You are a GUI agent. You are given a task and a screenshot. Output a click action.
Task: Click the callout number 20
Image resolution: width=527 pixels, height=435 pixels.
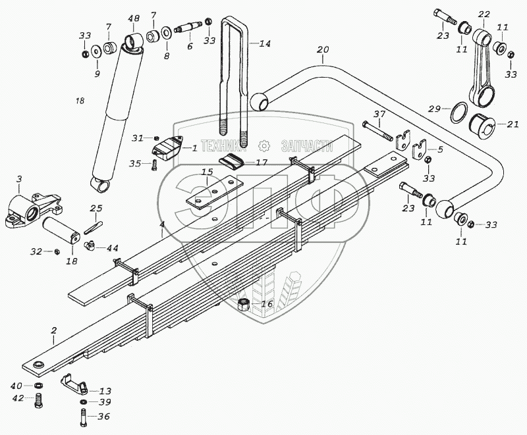[322, 50]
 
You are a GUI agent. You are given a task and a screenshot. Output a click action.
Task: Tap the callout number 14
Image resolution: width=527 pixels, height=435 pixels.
[264, 44]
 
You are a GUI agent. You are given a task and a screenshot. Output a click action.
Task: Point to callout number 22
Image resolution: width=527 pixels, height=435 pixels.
[484, 14]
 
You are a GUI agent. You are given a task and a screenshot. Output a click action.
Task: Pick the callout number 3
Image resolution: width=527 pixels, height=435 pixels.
[18, 178]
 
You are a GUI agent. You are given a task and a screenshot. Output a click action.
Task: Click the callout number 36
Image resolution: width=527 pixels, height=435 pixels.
[103, 416]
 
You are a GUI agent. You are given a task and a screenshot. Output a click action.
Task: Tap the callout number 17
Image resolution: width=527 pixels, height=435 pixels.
[261, 162]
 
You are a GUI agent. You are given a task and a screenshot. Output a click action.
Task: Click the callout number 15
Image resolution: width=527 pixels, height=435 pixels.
[207, 173]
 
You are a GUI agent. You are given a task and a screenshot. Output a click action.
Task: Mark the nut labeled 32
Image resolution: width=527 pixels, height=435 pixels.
[57, 251]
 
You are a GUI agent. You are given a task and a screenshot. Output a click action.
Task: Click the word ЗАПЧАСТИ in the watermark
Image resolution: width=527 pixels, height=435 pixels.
[308, 145]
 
